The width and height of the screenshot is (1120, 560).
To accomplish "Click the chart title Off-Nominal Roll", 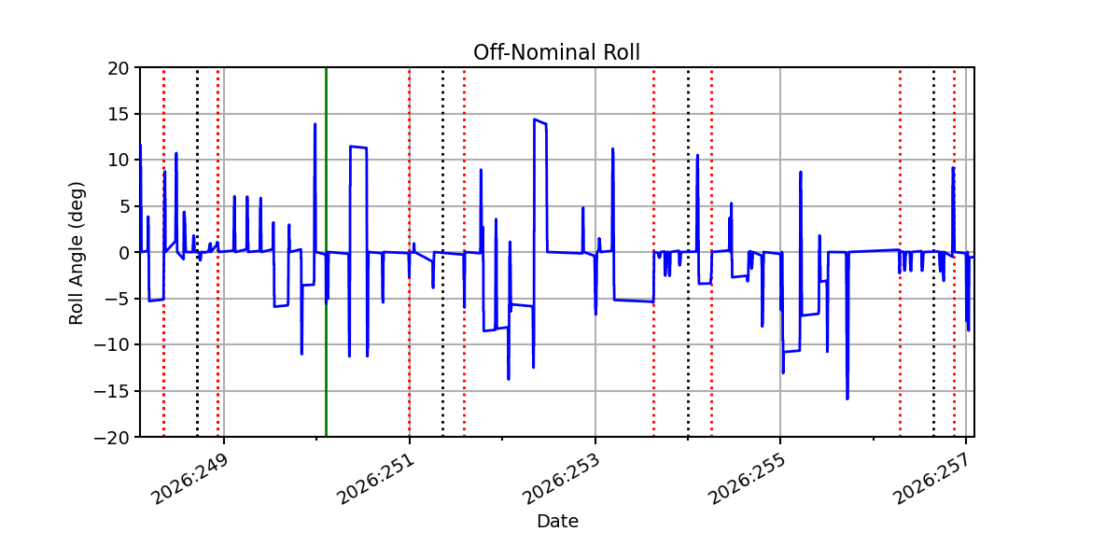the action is point(556,52).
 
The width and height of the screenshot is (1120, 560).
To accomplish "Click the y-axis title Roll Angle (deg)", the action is point(76,253).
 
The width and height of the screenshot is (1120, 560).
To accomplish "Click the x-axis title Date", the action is point(557,522).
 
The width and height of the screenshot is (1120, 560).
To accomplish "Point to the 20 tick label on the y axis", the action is point(118,68).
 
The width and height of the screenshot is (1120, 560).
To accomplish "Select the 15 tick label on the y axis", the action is point(118,115).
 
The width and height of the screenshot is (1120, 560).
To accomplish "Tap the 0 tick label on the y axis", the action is point(123,253).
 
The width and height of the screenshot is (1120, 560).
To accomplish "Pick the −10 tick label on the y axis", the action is point(111,345).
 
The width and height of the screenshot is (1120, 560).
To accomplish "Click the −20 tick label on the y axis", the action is point(111,438).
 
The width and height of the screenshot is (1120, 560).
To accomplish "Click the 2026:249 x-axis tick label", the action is point(190,480).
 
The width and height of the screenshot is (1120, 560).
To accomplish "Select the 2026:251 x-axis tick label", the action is point(376,480).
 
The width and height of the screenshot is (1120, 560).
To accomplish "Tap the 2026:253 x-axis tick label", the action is point(561,480).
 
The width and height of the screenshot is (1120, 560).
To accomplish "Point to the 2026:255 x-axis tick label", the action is point(747,480).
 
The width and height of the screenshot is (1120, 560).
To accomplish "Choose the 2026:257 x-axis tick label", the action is point(932,480).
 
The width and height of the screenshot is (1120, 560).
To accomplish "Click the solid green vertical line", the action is point(326,253).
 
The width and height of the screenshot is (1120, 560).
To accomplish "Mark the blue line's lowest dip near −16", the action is point(847,399).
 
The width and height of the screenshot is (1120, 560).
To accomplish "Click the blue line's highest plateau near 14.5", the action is point(540,121).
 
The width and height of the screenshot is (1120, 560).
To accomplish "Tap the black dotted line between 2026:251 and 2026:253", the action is point(442,253).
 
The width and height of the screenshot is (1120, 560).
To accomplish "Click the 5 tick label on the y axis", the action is point(123,207).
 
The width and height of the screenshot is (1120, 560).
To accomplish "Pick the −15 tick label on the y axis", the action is point(111,391).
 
